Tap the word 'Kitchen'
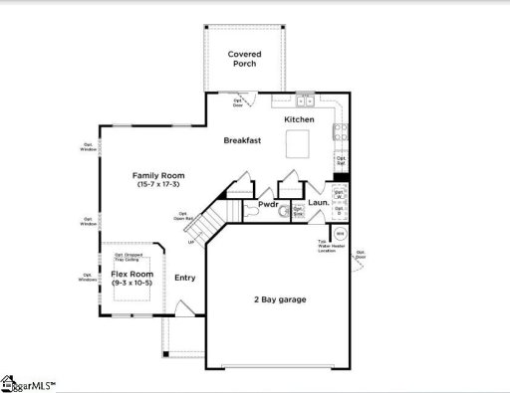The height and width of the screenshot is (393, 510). [299, 119]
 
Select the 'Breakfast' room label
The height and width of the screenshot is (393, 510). [241, 140]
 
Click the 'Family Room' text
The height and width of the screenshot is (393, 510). [159, 175]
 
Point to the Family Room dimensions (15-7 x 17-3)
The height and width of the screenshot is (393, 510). [159, 186]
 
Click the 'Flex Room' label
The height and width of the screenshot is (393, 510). [131, 274]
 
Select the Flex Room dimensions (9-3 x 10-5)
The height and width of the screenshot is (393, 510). [131, 284]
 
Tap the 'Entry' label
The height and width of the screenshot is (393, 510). [185, 279]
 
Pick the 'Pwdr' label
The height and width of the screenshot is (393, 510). [267, 204]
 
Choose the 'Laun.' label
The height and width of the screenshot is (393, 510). [319, 204]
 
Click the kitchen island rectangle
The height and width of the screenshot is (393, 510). [299, 146]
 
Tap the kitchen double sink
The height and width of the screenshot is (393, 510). [306, 101]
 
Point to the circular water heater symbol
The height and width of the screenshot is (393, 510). [339, 235]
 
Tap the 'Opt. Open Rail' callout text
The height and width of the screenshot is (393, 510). [185, 215]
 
